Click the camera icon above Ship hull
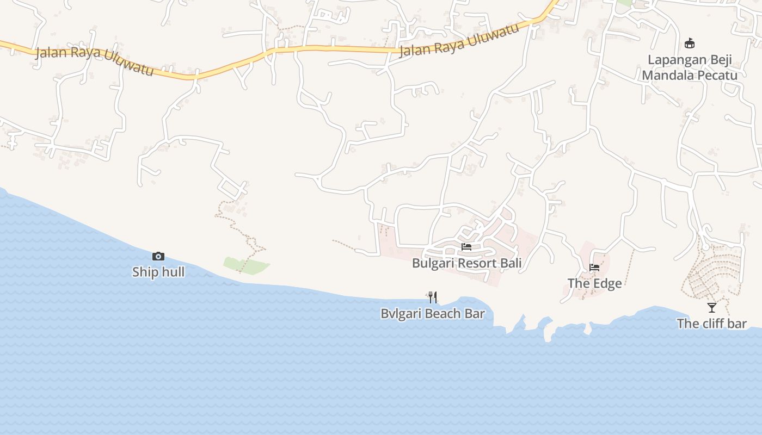(158, 256)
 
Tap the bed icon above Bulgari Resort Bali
(466, 247)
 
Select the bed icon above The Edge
(594, 268)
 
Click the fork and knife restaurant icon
(433, 297)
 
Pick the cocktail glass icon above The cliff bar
(712, 308)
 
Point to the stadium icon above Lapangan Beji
(690, 43)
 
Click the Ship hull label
(158, 272)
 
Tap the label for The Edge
(594, 283)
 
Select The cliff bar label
(711, 324)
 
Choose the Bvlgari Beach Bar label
(433, 314)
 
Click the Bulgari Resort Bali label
(466, 263)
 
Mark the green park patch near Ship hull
(246, 265)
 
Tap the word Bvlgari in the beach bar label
(401, 314)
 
